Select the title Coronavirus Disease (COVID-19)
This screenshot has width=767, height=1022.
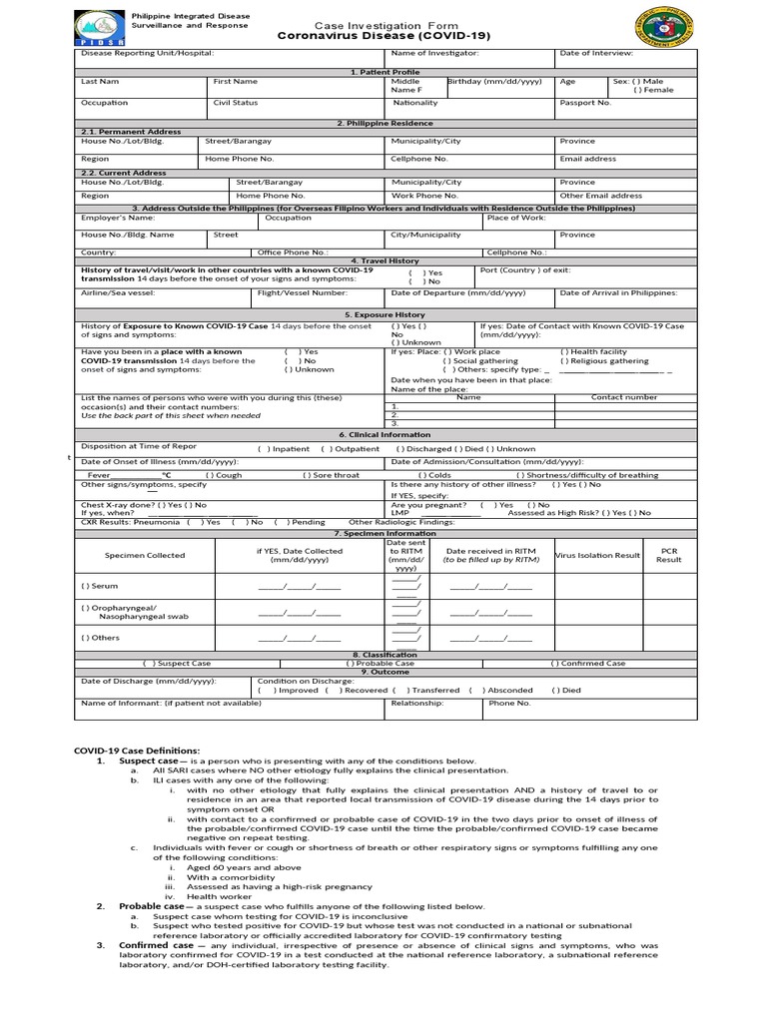tap(372, 34)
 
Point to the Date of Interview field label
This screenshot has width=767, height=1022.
tap(596, 52)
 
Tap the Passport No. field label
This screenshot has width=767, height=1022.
tap(585, 102)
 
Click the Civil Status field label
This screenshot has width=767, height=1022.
tap(236, 102)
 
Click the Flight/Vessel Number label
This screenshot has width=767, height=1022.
tap(303, 292)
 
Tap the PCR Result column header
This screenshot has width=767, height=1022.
tap(668, 555)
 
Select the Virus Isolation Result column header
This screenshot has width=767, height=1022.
tap(597, 555)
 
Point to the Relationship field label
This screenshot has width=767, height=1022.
tap(416, 703)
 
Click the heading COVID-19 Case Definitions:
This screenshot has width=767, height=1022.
tap(138, 750)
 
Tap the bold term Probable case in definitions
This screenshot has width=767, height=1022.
tap(152, 906)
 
